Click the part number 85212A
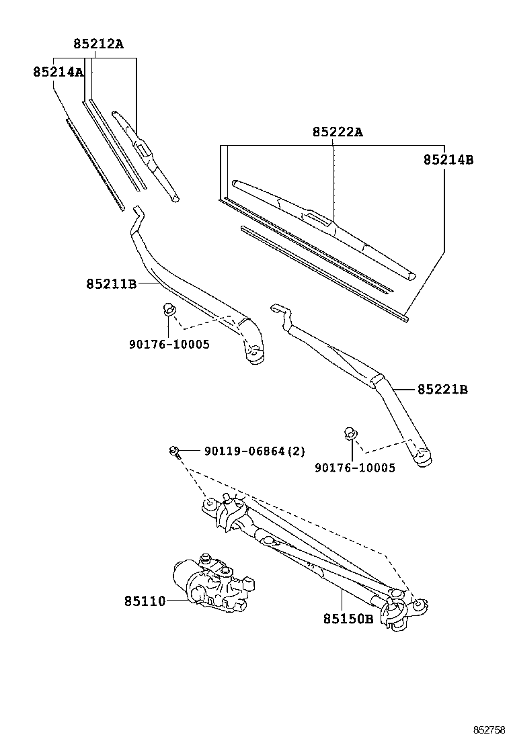tap(98, 44)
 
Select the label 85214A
tap(58, 71)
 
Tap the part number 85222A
tap(337, 132)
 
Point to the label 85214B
tap(448, 160)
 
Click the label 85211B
tap(111, 284)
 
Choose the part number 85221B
tap(442, 389)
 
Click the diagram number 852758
tap(488, 730)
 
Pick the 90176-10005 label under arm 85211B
tap(169, 344)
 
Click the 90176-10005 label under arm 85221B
tap(354, 468)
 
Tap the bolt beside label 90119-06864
tap(174, 451)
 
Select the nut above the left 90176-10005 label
tap(169, 310)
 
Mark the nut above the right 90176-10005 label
tap(349, 433)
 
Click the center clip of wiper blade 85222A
tap(318, 217)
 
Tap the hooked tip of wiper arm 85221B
tap(278, 309)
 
